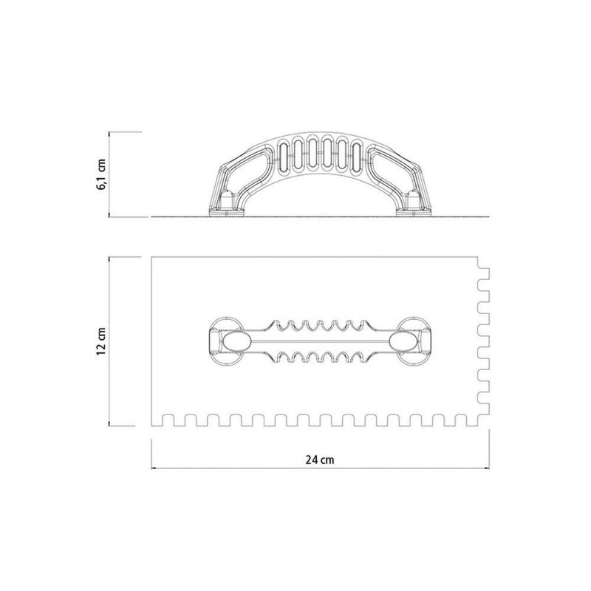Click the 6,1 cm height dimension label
click(x=102, y=174)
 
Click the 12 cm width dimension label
click(x=101, y=342)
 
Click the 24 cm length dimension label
click(x=320, y=460)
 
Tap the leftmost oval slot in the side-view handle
click(x=284, y=155)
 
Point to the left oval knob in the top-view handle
click(x=236, y=342)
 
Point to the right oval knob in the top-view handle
click(x=403, y=342)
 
